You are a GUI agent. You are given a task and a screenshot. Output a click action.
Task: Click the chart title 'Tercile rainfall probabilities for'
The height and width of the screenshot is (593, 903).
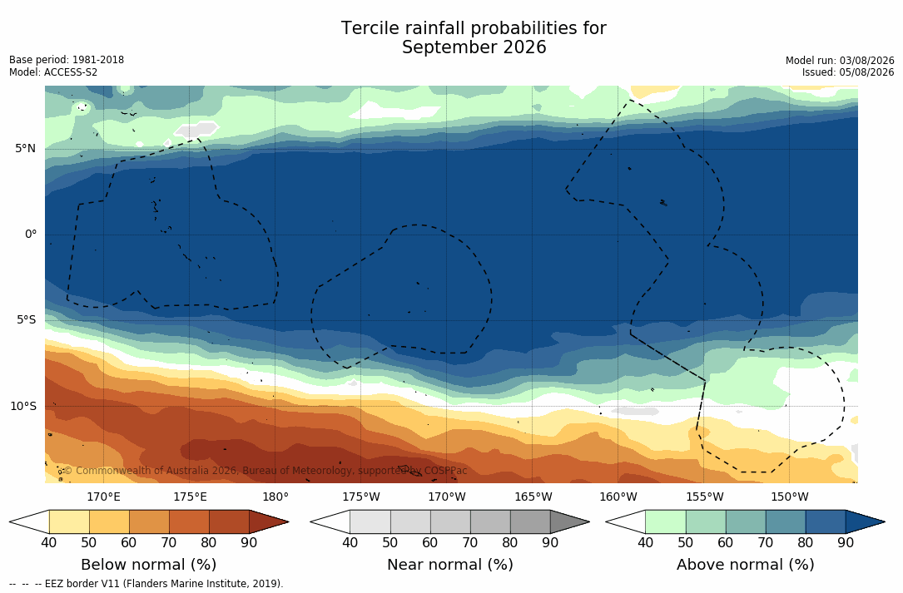click(474, 28)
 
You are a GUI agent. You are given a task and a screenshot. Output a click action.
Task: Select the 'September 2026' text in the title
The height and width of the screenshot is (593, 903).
click(474, 47)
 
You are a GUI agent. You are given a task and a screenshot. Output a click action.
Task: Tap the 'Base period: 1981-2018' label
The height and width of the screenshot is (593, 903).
click(67, 60)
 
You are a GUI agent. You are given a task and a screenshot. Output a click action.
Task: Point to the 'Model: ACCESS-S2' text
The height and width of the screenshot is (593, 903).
click(53, 72)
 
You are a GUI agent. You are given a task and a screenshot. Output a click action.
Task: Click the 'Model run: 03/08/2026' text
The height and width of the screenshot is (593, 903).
click(840, 61)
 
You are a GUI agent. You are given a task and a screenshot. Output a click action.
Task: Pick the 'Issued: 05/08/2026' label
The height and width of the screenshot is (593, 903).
click(848, 72)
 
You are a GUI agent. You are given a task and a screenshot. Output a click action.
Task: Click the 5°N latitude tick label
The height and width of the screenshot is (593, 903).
click(25, 149)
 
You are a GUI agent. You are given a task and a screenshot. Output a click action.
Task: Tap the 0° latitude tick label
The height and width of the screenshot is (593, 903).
click(31, 235)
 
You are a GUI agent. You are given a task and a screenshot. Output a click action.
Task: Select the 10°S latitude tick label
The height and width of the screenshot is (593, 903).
click(23, 406)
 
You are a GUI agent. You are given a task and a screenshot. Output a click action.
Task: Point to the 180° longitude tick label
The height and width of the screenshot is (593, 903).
click(275, 497)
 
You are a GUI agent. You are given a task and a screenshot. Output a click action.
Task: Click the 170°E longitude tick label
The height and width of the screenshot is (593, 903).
click(104, 497)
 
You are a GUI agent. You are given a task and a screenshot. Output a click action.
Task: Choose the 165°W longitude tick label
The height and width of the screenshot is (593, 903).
click(533, 497)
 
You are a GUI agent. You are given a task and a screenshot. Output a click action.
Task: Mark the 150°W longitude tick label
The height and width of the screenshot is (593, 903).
click(790, 497)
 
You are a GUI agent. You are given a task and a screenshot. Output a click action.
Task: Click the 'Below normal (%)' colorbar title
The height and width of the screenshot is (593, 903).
click(149, 564)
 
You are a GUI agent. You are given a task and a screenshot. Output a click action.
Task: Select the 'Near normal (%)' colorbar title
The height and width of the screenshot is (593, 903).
click(449, 564)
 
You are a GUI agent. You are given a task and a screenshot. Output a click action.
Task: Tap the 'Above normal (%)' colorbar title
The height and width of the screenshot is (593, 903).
click(745, 564)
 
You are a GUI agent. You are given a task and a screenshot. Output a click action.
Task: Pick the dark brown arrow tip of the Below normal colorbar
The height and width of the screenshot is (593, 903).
click(288, 521)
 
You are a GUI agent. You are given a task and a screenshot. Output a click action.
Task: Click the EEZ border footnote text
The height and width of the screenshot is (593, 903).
click(146, 583)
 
